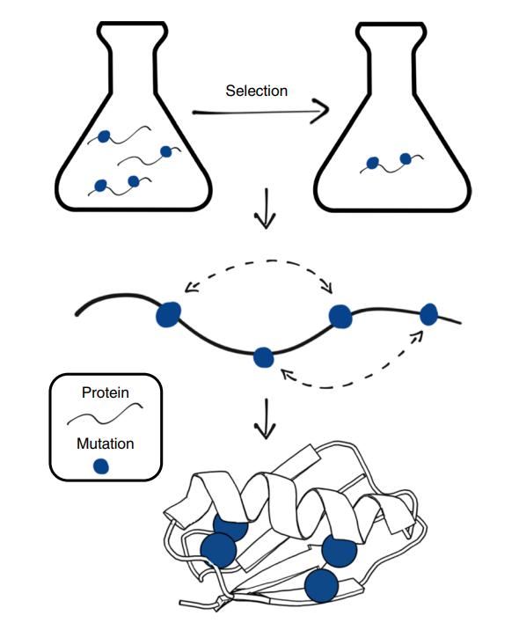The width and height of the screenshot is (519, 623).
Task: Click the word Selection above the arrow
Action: pyautogui.click(x=257, y=91)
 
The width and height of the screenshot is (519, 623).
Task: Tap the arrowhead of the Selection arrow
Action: pyautogui.click(x=323, y=111)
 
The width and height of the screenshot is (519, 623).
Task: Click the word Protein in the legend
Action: pyautogui.click(x=106, y=392)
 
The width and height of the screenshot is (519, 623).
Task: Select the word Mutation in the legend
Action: pyautogui.click(x=106, y=443)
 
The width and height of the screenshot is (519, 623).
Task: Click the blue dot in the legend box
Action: pyautogui.click(x=101, y=466)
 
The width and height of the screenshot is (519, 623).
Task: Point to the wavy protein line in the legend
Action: pyautogui.click(x=105, y=414)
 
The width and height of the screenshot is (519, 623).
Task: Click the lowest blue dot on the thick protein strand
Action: pyautogui.click(x=264, y=357)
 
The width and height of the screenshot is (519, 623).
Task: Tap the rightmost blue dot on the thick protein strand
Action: pyautogui.click(x=429, y=314)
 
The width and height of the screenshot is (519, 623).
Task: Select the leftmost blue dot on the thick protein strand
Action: pyautogui.click(x=168, y=314)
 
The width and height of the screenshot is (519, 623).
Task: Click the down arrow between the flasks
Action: pyautogui.click(x=265, y=209)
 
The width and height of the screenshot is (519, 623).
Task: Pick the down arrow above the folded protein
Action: pyautogui.click(x=265, y=418)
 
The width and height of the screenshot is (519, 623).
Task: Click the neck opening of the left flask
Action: pyautogui.click(x=132, y=25)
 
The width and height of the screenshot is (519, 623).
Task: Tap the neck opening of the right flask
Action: pyautogui.click(x=391, y=25)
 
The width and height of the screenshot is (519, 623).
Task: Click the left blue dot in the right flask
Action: pyautogui.click(x=372, y=163)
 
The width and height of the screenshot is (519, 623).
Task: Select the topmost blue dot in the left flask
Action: pyautogui.click(x=104, y=136)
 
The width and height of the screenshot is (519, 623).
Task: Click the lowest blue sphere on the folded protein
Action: pyautogui.click(x=322, y=585)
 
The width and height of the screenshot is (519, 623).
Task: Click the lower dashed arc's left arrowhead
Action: pyautogui.click(x=287, y=374)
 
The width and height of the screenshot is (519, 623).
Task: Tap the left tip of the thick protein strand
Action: pyautogui.click(x=77, y=315)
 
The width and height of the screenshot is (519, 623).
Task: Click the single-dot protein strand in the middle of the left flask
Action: pyautogui.click(x=150, y=157)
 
